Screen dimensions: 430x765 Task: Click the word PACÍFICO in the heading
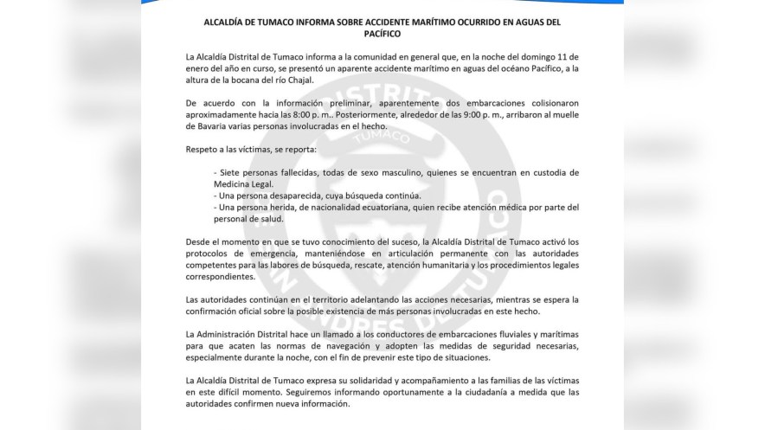(382, 35)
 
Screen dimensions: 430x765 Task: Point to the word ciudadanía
(450, 392)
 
